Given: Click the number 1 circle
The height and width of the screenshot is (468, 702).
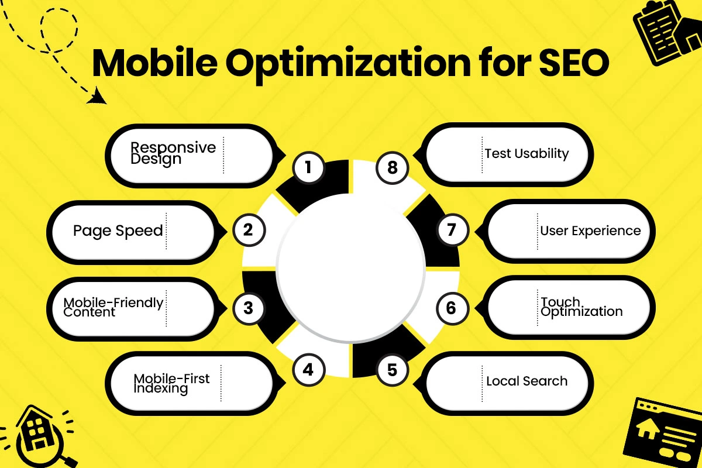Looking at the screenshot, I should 308,168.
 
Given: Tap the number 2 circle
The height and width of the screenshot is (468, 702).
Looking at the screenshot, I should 248,229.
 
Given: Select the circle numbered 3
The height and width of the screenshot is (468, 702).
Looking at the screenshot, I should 248,308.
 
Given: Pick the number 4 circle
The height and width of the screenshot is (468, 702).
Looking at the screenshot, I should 308,369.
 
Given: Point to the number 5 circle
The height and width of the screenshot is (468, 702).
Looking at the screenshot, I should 392,369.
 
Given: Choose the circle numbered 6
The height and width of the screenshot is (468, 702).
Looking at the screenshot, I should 450,308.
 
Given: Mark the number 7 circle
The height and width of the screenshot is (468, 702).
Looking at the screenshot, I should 450,229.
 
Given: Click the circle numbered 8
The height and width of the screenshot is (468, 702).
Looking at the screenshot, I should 392,168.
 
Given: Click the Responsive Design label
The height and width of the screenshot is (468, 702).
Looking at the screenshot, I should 173,153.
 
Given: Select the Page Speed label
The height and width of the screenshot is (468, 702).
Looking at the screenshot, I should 118,230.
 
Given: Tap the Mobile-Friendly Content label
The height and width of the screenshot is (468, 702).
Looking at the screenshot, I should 113,307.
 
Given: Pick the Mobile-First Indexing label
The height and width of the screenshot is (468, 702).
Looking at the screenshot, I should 171,384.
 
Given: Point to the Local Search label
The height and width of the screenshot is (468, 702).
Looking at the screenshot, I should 526,381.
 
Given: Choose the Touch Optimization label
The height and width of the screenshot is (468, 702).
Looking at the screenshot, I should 581,307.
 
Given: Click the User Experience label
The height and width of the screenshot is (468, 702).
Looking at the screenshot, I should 590,230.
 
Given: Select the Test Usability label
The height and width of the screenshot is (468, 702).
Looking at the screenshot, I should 526,154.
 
